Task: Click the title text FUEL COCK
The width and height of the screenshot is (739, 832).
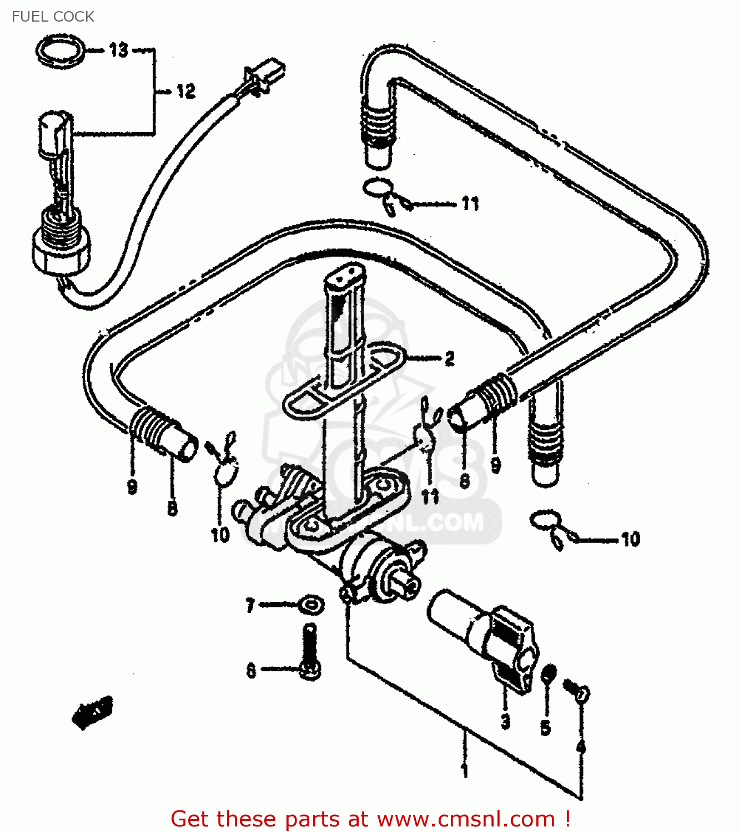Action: [x=53, y=17]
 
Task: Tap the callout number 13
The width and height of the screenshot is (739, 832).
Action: [x=118, y=50]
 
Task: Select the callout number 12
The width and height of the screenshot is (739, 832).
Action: [x=186, y=91]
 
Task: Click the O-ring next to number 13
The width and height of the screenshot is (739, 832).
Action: [x=61, y=52]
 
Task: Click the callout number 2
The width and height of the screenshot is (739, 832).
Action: [x=449, y=359]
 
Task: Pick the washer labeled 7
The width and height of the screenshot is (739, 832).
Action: [x=311, y=603]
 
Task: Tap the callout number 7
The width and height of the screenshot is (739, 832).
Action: [x=250, y=605]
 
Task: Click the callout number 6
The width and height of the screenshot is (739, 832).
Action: [x=251, y=671]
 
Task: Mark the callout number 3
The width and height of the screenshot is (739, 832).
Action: [x=505, y=722]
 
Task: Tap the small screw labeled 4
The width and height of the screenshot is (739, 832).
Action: [x=577, y=691]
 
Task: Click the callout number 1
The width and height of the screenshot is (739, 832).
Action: [x=465, y=771]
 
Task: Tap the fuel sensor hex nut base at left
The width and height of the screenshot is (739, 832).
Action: [x=60, y=255]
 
